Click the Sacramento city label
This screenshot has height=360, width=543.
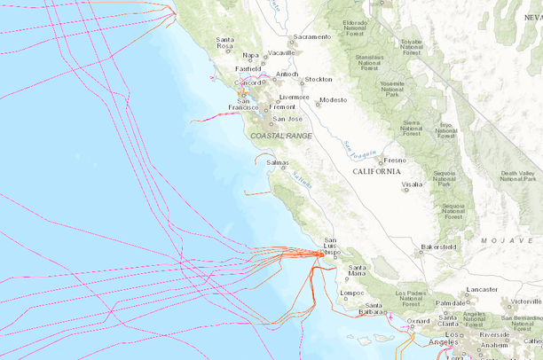pyautogui.click(x=312, y=37)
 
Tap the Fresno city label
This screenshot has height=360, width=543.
pyautogui.click(x=395, y=160)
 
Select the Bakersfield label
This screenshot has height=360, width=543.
pyautogui.click(x=438, y=246)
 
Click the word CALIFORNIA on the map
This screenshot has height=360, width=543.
pyautogui.click(x=376, y=171)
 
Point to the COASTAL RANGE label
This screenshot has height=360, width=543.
pyautogui.click(x=281, y=136)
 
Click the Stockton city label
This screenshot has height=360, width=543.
pyautogui.click(x=319, y=79)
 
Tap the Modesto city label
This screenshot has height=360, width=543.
pyautogui.click(x=334, y=100)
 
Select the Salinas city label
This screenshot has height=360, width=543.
pyautogui.click(x=278, y=163)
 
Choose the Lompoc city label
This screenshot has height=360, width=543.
pyautogui.click(x=352, y=293)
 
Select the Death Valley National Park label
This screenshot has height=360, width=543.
pyautogui.click(x=518, y=176)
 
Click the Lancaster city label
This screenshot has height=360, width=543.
pyautogui.click(x=483, y=289)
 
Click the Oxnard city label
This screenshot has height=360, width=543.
pyautogui.click(x=420, y=321)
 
